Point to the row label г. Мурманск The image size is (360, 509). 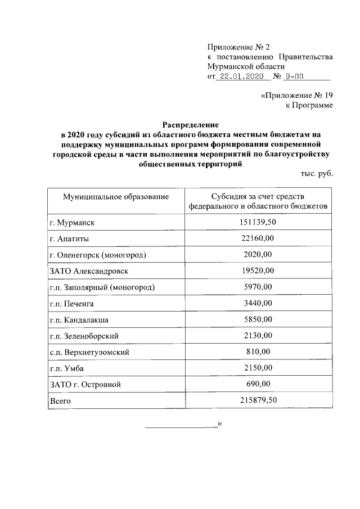[72, 223]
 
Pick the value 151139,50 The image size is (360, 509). [258, 223]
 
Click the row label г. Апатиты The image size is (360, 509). [69, 239]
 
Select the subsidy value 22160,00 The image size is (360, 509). [258, 239]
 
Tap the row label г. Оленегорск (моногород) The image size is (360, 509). [98, 255]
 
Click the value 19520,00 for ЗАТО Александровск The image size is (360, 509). [258, 271]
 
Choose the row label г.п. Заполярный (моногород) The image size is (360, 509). [102, 287]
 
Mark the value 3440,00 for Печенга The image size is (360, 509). [258, 304]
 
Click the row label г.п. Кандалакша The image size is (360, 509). [79, 320]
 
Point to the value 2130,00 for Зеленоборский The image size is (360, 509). [258, 336]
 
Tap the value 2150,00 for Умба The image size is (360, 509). [258, 368]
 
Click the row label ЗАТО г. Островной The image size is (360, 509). [85, 385]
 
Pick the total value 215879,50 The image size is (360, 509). [258, 400]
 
